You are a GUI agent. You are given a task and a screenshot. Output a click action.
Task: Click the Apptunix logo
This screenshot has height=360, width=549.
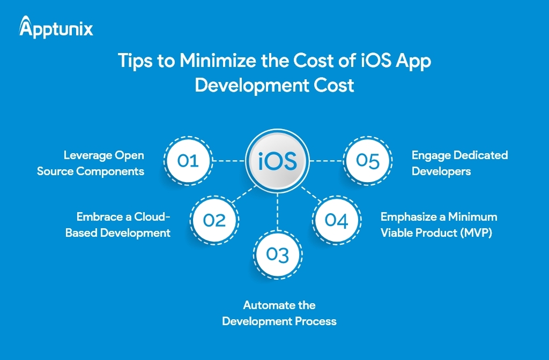point(56,27)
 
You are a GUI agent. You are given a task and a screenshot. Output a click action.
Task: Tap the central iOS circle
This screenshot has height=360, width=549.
point(277,161)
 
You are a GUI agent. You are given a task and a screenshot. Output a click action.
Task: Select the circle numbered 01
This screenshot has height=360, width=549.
point(188,161)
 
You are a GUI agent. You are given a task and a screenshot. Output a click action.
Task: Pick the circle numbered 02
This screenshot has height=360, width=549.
point(214,220)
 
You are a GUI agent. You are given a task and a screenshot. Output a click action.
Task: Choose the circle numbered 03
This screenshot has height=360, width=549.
point(277,254)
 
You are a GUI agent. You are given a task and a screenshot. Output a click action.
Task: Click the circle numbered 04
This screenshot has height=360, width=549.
point(337,220)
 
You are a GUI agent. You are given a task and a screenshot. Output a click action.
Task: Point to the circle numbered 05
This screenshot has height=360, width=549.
point(368,161)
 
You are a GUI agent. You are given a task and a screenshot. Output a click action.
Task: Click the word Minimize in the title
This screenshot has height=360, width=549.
point(218,60)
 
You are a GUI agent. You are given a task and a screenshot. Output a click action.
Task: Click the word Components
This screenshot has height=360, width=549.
point(110,171)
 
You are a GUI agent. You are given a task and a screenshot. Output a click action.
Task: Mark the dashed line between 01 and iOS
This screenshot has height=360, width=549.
point(229,161)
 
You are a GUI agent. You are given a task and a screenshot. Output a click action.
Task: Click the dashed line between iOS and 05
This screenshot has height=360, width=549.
point(327,161)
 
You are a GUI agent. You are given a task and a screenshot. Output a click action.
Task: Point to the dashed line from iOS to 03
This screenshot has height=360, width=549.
point(277,211)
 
